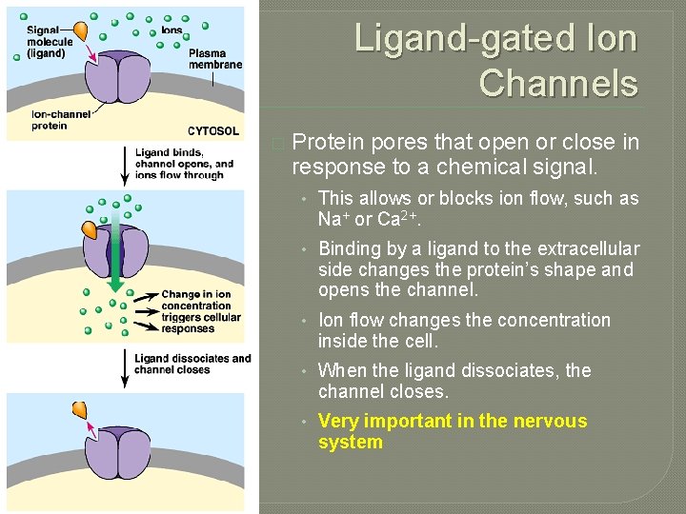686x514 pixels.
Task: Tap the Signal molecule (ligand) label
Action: point(47,41)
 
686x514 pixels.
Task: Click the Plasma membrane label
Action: point(215,59)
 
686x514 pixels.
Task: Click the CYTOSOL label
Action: point(213,131)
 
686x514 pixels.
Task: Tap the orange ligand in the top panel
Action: point(82,30)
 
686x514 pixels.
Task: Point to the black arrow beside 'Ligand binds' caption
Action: point(122,163)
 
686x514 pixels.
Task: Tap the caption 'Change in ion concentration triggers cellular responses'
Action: point(201,312)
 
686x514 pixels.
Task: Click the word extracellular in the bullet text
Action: point(587,248)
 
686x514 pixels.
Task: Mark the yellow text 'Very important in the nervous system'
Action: point(452,431)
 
